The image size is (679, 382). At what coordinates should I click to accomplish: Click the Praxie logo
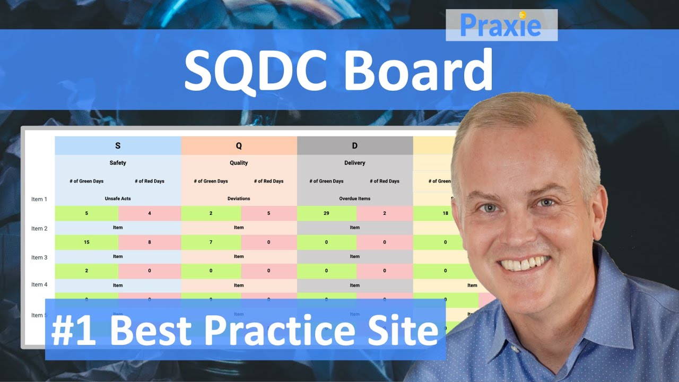click(501, 25)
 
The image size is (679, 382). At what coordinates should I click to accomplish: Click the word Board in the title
click(419, 70)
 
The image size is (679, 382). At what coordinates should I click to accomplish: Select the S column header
click(118, 145)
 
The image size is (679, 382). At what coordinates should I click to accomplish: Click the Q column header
click(239, 145)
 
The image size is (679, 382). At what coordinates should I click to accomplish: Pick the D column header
click(354, 145)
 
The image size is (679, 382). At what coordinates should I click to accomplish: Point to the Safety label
click(118, 163)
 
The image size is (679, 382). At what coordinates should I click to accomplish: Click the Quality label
click(239, 163)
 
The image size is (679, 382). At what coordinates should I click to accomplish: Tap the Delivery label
click(354, 163)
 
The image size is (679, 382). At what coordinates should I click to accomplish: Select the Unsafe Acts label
click(118, 198)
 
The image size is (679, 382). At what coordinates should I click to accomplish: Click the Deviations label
click(239, 198)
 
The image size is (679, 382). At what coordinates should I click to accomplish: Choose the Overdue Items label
click(354, 198)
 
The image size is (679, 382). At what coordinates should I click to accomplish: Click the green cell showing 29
click(327, 213)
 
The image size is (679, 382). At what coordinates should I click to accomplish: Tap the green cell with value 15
click(86, 242)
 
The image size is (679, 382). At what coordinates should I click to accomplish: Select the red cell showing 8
click(150, 242)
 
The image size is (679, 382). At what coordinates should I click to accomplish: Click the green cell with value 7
click(211, 242)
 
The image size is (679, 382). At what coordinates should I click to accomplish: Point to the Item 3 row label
click(39, 257)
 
